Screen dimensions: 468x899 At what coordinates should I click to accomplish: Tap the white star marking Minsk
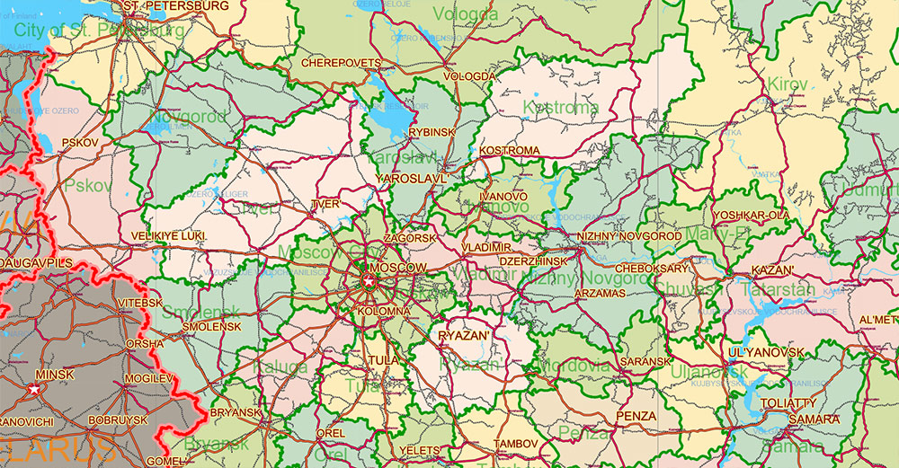[34, 389]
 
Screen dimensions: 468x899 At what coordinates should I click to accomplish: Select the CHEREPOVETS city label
[341, 64]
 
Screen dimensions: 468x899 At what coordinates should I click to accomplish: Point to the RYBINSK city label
[432, 132]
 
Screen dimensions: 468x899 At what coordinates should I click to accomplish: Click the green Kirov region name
[788, 84]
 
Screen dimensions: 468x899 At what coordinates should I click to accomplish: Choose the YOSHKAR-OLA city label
[751, 216]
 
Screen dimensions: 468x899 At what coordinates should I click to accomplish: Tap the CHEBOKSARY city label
[652, 268]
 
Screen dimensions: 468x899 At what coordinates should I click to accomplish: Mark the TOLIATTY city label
[788, 403]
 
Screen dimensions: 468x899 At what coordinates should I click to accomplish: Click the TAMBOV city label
[515, 444]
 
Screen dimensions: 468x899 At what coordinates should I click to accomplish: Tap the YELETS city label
[421, 450]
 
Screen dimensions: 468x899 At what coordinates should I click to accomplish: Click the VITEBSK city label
[140, 304]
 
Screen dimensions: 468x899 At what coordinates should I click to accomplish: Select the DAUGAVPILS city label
[36, 262]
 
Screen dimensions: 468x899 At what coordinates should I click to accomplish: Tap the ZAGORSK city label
[409, 238]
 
